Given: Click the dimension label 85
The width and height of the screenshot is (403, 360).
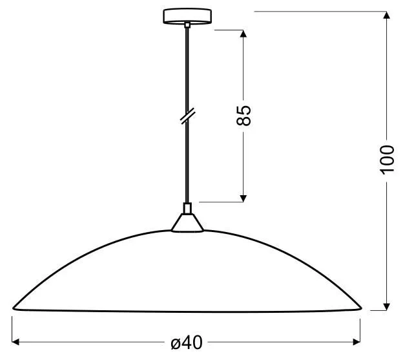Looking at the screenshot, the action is tap(243, 116).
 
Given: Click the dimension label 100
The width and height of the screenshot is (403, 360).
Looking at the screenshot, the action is tap(387, 160).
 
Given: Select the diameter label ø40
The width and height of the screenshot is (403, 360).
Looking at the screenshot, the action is tap(187, 343).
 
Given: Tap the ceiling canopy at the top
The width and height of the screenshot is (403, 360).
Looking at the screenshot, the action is tap(187, 16).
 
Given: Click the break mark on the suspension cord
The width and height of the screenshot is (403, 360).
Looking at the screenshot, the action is tap(187, 117).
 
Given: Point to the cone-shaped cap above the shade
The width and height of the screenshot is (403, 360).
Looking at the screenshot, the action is tap(187, 223).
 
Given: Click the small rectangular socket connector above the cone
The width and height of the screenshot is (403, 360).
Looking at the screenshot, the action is tap(187, 208).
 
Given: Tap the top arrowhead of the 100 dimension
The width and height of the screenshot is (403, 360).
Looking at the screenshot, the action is tap(386, 15).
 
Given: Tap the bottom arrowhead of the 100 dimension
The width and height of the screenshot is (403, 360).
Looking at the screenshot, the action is tap(386, 307).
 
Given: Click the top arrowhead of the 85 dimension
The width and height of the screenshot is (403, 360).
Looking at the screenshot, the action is tap(243, 34).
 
